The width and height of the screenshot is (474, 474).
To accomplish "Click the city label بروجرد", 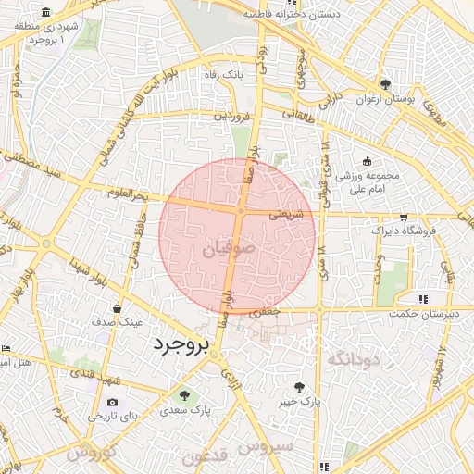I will (x=182, y=344).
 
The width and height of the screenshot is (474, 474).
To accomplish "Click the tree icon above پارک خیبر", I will (x=299, y=387).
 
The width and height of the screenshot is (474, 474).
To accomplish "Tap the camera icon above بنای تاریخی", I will (x=112, y=403).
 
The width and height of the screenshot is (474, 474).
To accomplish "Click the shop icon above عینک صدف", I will (x=117, y=308).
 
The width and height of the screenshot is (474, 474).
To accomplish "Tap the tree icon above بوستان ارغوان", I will (x=386, y=83).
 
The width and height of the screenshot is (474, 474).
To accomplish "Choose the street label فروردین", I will (x=232, y=117).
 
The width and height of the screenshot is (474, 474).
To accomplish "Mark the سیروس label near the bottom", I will (x=266, y=447).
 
